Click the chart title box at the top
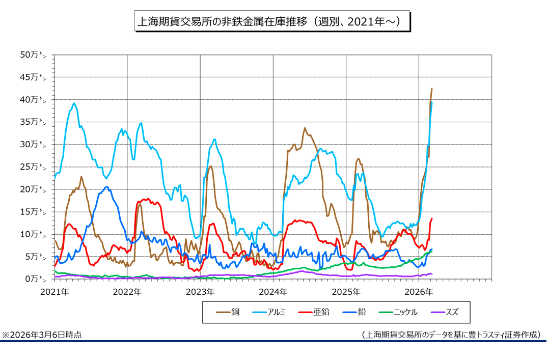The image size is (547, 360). [272, 22]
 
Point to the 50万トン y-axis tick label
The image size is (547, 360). [37, 54]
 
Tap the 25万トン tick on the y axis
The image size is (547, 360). [37, 167]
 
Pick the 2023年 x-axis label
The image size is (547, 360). [200, 292]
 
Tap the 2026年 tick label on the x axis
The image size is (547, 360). [419, 292]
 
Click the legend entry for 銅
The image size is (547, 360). [229, 312]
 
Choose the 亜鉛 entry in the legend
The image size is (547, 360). [314, 312]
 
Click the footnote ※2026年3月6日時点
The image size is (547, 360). [42, 335]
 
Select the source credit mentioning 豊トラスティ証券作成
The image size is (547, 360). [451, 335]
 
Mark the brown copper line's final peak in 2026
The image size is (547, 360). [432, 89]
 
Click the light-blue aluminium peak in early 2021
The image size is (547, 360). [74, 103]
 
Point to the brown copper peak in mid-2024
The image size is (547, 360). [305, 128]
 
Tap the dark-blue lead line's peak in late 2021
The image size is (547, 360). [106, 187]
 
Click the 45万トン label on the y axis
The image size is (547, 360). [37, 77]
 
